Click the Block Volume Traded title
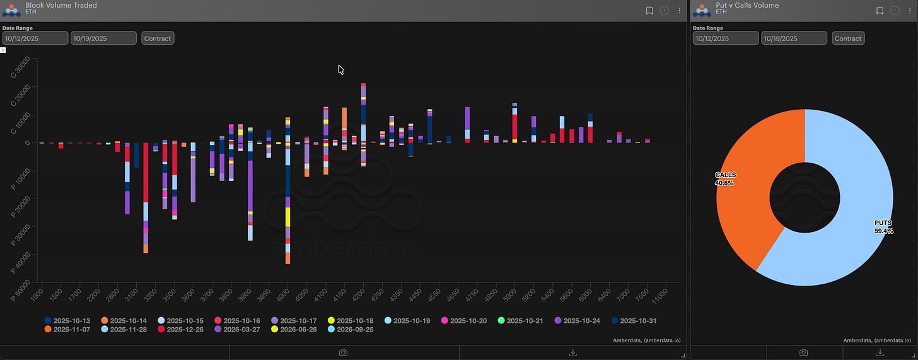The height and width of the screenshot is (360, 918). tap(61, 5)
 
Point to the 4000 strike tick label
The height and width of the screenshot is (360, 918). tap(286, 295)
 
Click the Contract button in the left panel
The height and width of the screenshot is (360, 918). tap(158, 38)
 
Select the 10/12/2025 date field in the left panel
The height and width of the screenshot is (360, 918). tap(35, 38)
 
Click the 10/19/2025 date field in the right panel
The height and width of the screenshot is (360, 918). tap(794, 38)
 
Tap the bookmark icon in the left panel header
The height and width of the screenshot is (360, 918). tap(649, 11)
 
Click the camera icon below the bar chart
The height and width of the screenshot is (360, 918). tap(343, 352)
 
